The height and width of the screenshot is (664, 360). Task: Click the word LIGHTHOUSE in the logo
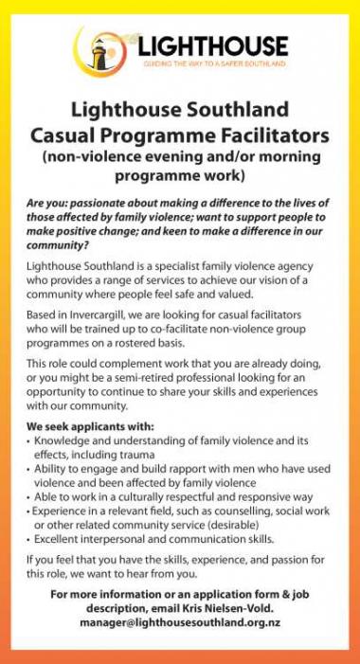tap(211, 45)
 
